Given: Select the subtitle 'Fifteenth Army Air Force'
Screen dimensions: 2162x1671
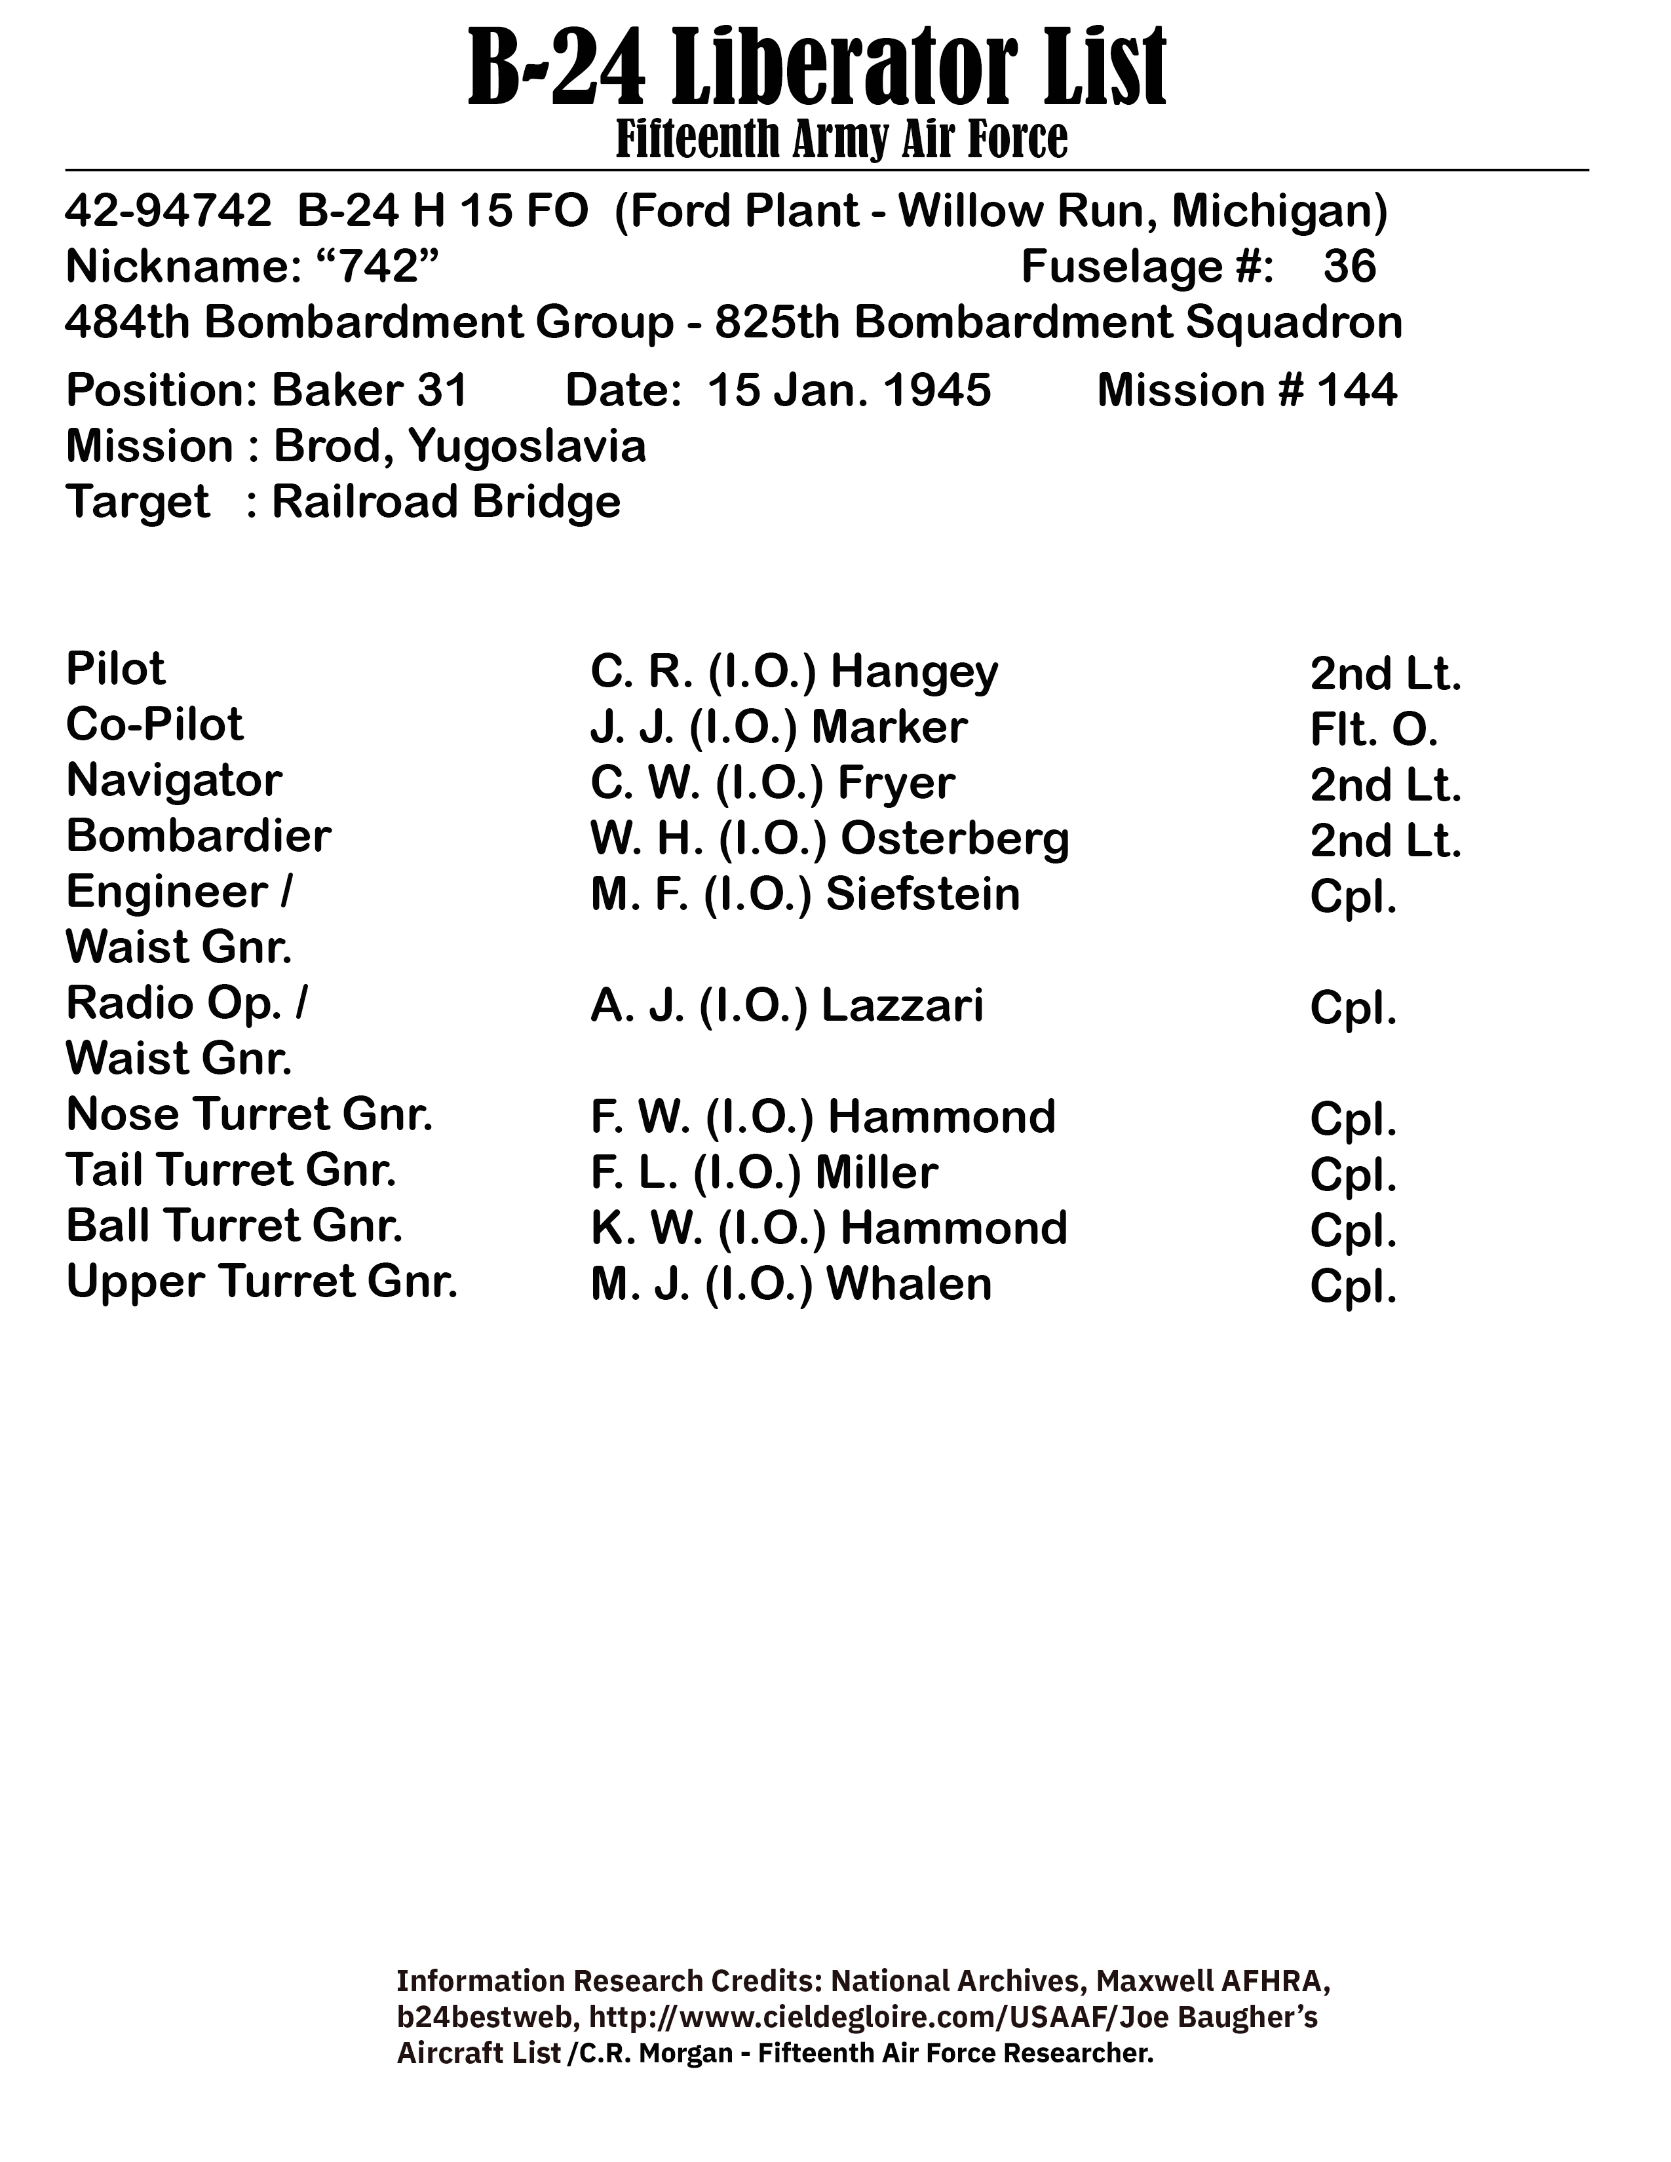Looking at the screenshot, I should click(841, 140).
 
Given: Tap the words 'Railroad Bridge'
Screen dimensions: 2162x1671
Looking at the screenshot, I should click(446, 502).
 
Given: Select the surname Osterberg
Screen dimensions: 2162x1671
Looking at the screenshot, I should click(955, 839).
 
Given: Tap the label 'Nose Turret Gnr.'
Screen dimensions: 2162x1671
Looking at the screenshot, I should click(250, 1114).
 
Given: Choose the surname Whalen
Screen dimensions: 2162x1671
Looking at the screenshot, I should click(909, 1285).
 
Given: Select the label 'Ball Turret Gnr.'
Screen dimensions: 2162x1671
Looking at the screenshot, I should click(235, 1226).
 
